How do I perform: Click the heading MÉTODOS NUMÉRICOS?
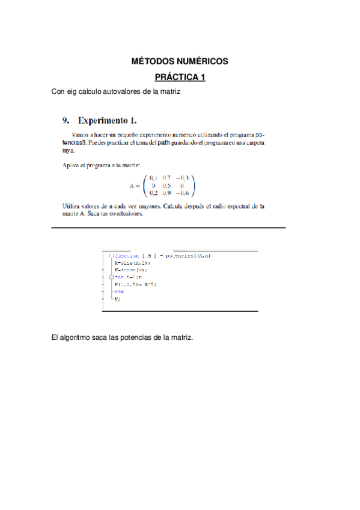pyautogui.click(x=180, y=62)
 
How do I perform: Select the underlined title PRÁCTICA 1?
pyautogui.click(x=180, y=78)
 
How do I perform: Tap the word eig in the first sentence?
pyautogui.click(x=73, y=92)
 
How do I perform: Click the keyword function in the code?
pyautogui.click(x=126, y=256)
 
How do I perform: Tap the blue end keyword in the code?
pyautogui.click(x=118, y=292)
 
